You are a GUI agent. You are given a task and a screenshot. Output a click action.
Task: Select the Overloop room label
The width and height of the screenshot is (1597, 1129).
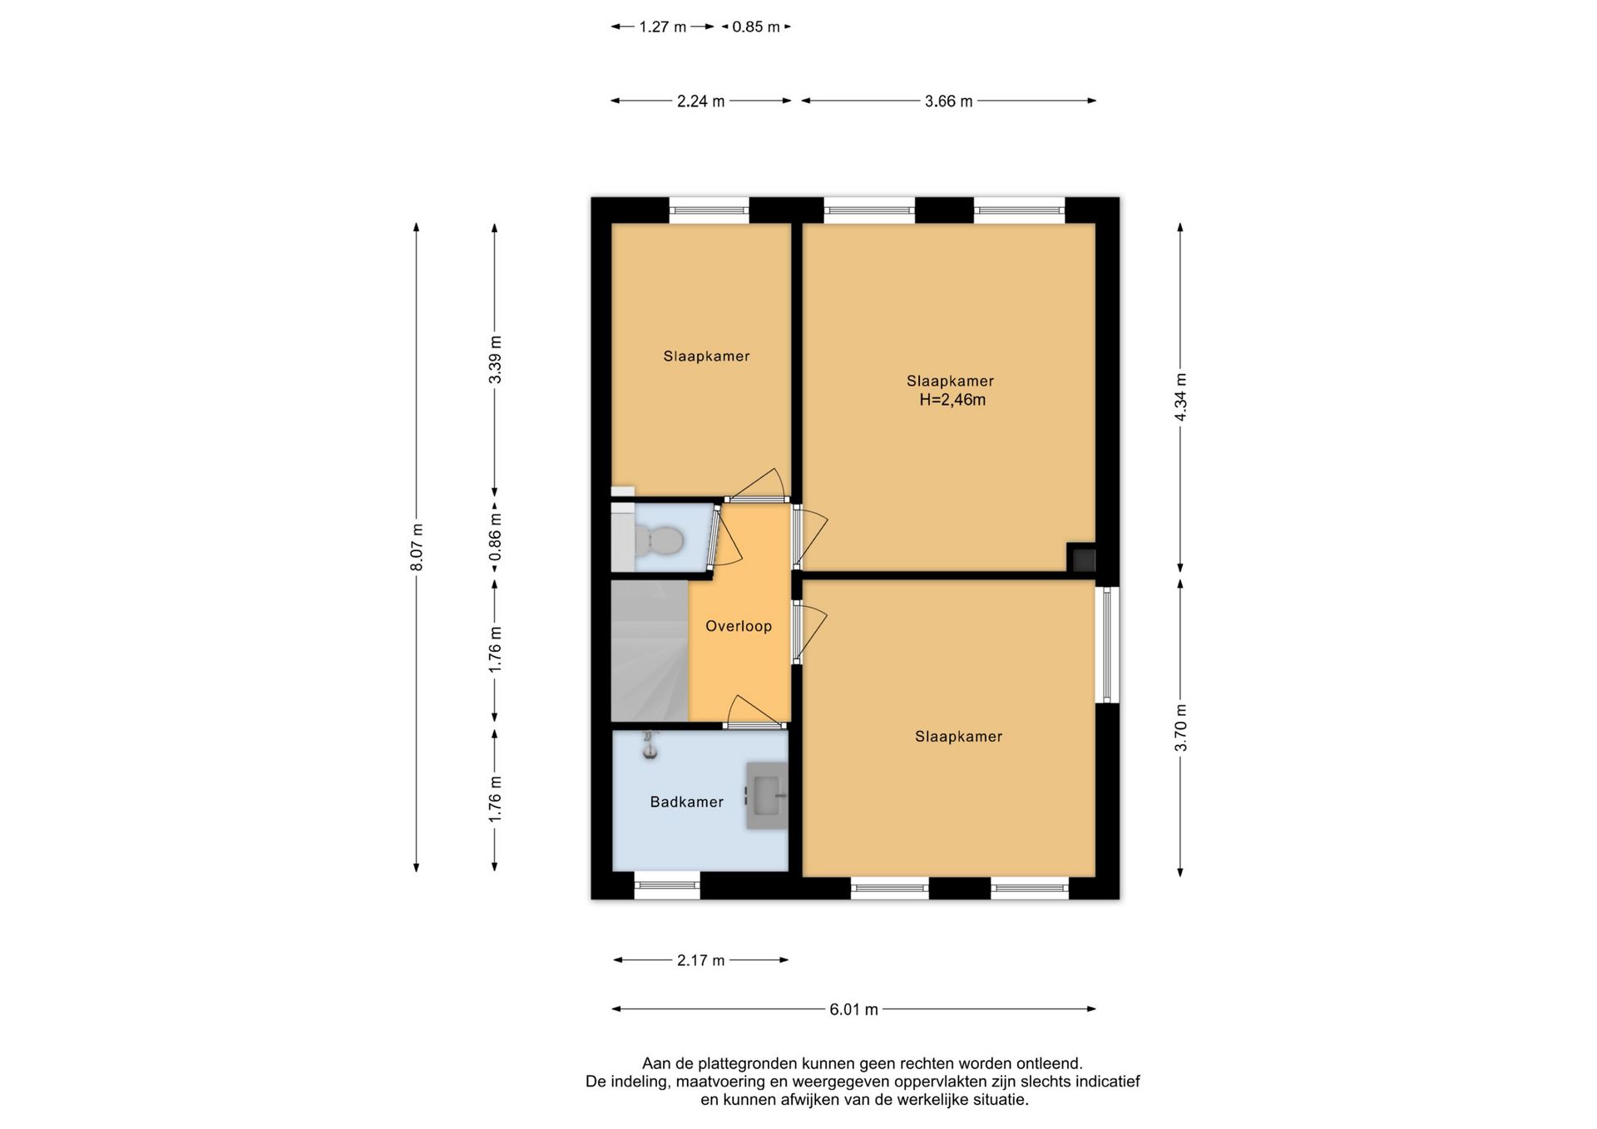click(739, 626)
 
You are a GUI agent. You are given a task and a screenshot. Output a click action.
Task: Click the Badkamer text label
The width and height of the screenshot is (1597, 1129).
click(686, 801)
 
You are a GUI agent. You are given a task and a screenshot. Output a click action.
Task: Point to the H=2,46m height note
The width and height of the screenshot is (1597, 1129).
click(952, 400)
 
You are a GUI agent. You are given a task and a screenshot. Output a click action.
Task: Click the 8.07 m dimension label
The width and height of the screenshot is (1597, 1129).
click(417, 547)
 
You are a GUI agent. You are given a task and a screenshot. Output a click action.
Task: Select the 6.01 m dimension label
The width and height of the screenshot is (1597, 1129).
click(853, 1009)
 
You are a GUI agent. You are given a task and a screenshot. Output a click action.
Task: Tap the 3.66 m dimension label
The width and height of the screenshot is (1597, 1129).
click(948, 101)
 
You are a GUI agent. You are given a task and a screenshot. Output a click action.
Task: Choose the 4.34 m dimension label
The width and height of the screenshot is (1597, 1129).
click(1180, 397)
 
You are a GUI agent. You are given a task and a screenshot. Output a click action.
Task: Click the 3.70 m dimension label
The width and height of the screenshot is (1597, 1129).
click(1180, 727)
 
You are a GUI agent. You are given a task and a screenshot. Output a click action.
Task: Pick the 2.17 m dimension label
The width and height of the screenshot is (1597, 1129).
click(700, 960)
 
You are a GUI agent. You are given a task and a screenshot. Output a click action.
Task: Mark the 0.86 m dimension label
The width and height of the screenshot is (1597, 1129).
click(495, 538)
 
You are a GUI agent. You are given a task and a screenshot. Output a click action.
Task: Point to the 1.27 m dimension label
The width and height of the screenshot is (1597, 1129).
click(663, 27)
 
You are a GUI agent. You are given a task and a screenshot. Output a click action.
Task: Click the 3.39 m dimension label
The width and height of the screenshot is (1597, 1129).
click(495, 359)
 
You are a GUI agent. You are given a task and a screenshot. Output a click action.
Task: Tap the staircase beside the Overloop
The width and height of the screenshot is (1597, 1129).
click(650, 650)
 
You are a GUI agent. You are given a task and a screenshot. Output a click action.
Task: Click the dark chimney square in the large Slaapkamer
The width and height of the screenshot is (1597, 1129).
click(1081, 558)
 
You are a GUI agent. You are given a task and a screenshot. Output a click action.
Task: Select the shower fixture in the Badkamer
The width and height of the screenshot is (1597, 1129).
click(650, 744)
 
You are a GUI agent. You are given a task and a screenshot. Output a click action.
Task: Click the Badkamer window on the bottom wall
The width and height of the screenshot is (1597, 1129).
click(667, 885)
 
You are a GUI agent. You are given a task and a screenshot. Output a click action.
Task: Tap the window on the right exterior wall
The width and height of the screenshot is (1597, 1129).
click(1107, 645)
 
